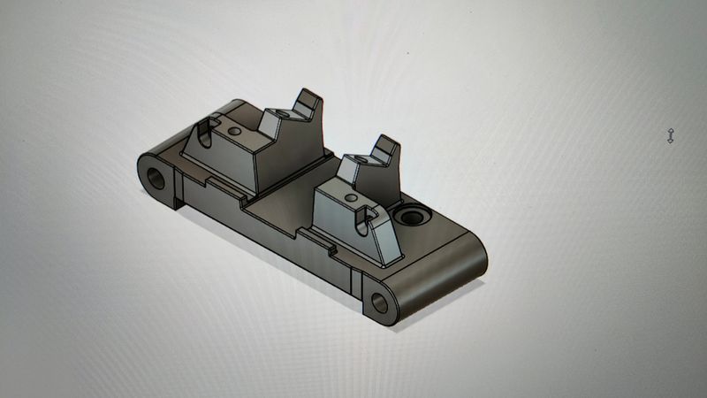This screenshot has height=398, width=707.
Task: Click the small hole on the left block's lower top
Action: click(234, 131)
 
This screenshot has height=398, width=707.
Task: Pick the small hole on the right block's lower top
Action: click(352, 197)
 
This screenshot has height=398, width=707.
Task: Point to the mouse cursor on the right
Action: click(671, 135)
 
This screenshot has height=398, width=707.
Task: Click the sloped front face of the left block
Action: click(221, 164)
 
